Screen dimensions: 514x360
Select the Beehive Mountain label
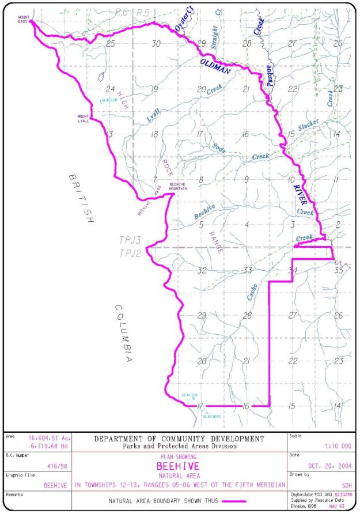178,186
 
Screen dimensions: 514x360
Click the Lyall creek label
153,115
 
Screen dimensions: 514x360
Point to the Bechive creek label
204,211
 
